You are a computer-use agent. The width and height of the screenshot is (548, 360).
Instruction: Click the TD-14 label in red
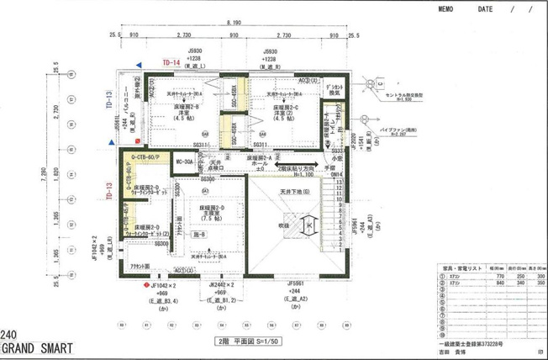coord(172,62)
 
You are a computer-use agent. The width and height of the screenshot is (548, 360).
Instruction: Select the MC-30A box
coord(186,161)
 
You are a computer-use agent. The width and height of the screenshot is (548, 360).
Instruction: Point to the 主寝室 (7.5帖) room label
coord(216,214)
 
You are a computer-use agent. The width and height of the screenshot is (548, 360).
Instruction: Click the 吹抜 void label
coord(286,225)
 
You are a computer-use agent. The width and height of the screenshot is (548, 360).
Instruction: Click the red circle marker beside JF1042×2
coord(145,285)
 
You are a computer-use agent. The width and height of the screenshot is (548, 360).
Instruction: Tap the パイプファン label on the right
coord(392,130)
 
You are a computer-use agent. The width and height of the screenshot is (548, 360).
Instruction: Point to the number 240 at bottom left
coord(9,333)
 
